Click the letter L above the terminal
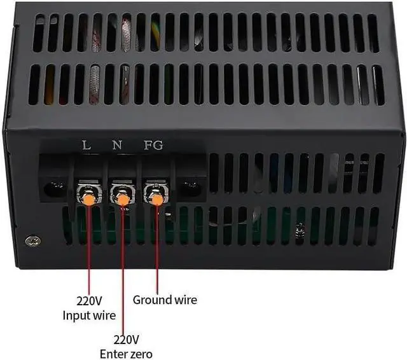[86, 145]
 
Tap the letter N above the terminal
[117, 145]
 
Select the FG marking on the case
[153, 145]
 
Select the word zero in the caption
[139, 354]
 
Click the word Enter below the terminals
[112, 354]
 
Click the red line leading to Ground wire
[156, 248]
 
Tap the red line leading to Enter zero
[123, 267]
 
